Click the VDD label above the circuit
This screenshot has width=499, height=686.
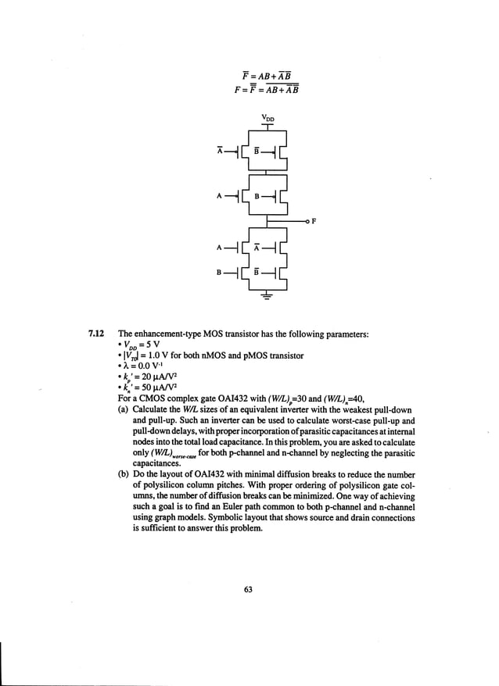[268, 119]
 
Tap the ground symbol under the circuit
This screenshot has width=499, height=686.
[267, 296]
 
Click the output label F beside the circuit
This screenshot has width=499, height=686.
[314, 222]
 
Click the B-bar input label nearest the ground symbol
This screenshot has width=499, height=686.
[256, 273]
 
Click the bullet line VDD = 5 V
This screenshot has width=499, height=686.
[141, 345]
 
